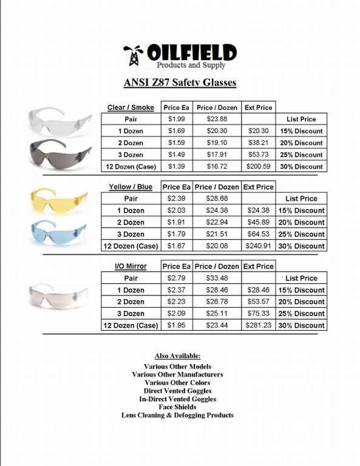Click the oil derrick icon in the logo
[x=132, y=55]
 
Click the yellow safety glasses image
[x=59, y=199]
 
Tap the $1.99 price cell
[x=177, y=119]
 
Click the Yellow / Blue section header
[x=131, y=187]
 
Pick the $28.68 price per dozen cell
[x=217, y=198]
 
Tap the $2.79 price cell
[x=177, y=278]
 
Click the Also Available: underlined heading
[x=177, y=356]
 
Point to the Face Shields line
[x=177, y=407]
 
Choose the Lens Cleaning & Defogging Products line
[x=177, y=415]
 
